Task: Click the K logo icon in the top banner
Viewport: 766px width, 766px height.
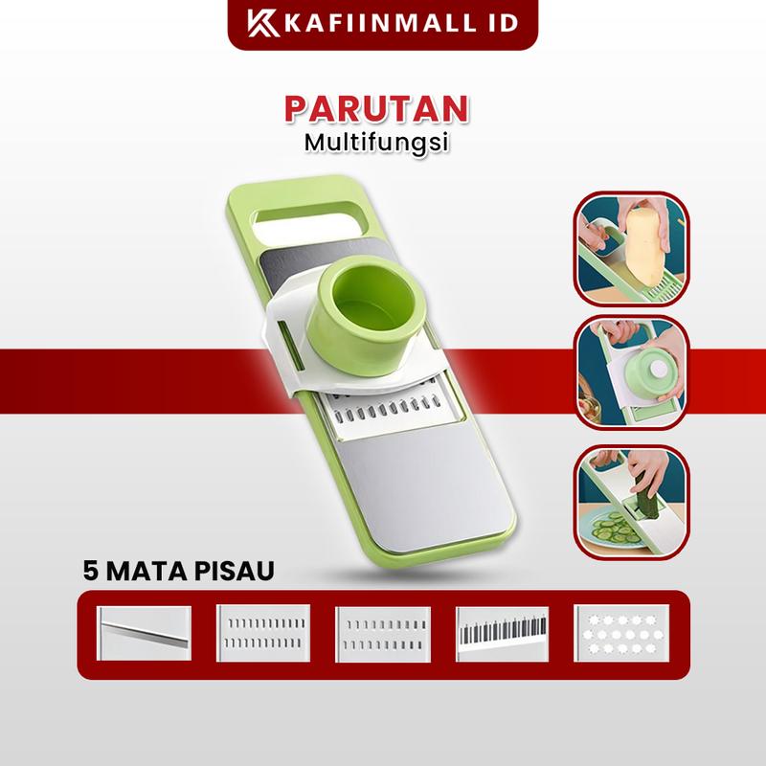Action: tap(263, 23)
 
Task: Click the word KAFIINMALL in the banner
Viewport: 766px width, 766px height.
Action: tap(379, 23)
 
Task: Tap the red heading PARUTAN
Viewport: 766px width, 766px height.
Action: tap(376, 109)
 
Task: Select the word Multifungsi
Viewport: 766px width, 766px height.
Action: tap(376, 142)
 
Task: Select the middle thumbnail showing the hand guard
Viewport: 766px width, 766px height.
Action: tap(632, 373)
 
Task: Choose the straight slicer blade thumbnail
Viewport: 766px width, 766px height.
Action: tap(145, 634)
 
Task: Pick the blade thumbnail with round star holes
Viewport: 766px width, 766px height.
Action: tap(621, 634)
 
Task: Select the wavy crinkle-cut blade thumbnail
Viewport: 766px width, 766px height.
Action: tap(502, 634)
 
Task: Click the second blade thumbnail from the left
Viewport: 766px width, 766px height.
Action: tap(263, 634)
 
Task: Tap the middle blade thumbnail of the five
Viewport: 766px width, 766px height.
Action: tap(383, 634)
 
